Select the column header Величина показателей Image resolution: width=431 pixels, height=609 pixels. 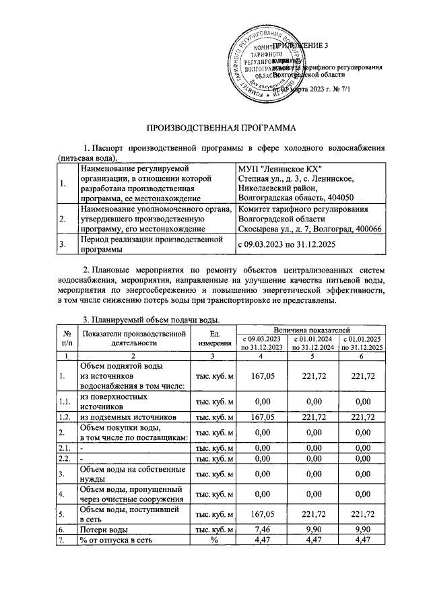tap(312, 331)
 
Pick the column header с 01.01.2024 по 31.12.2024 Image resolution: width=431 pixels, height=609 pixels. tap(312, 343)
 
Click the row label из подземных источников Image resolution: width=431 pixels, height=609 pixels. tap(128, 417)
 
